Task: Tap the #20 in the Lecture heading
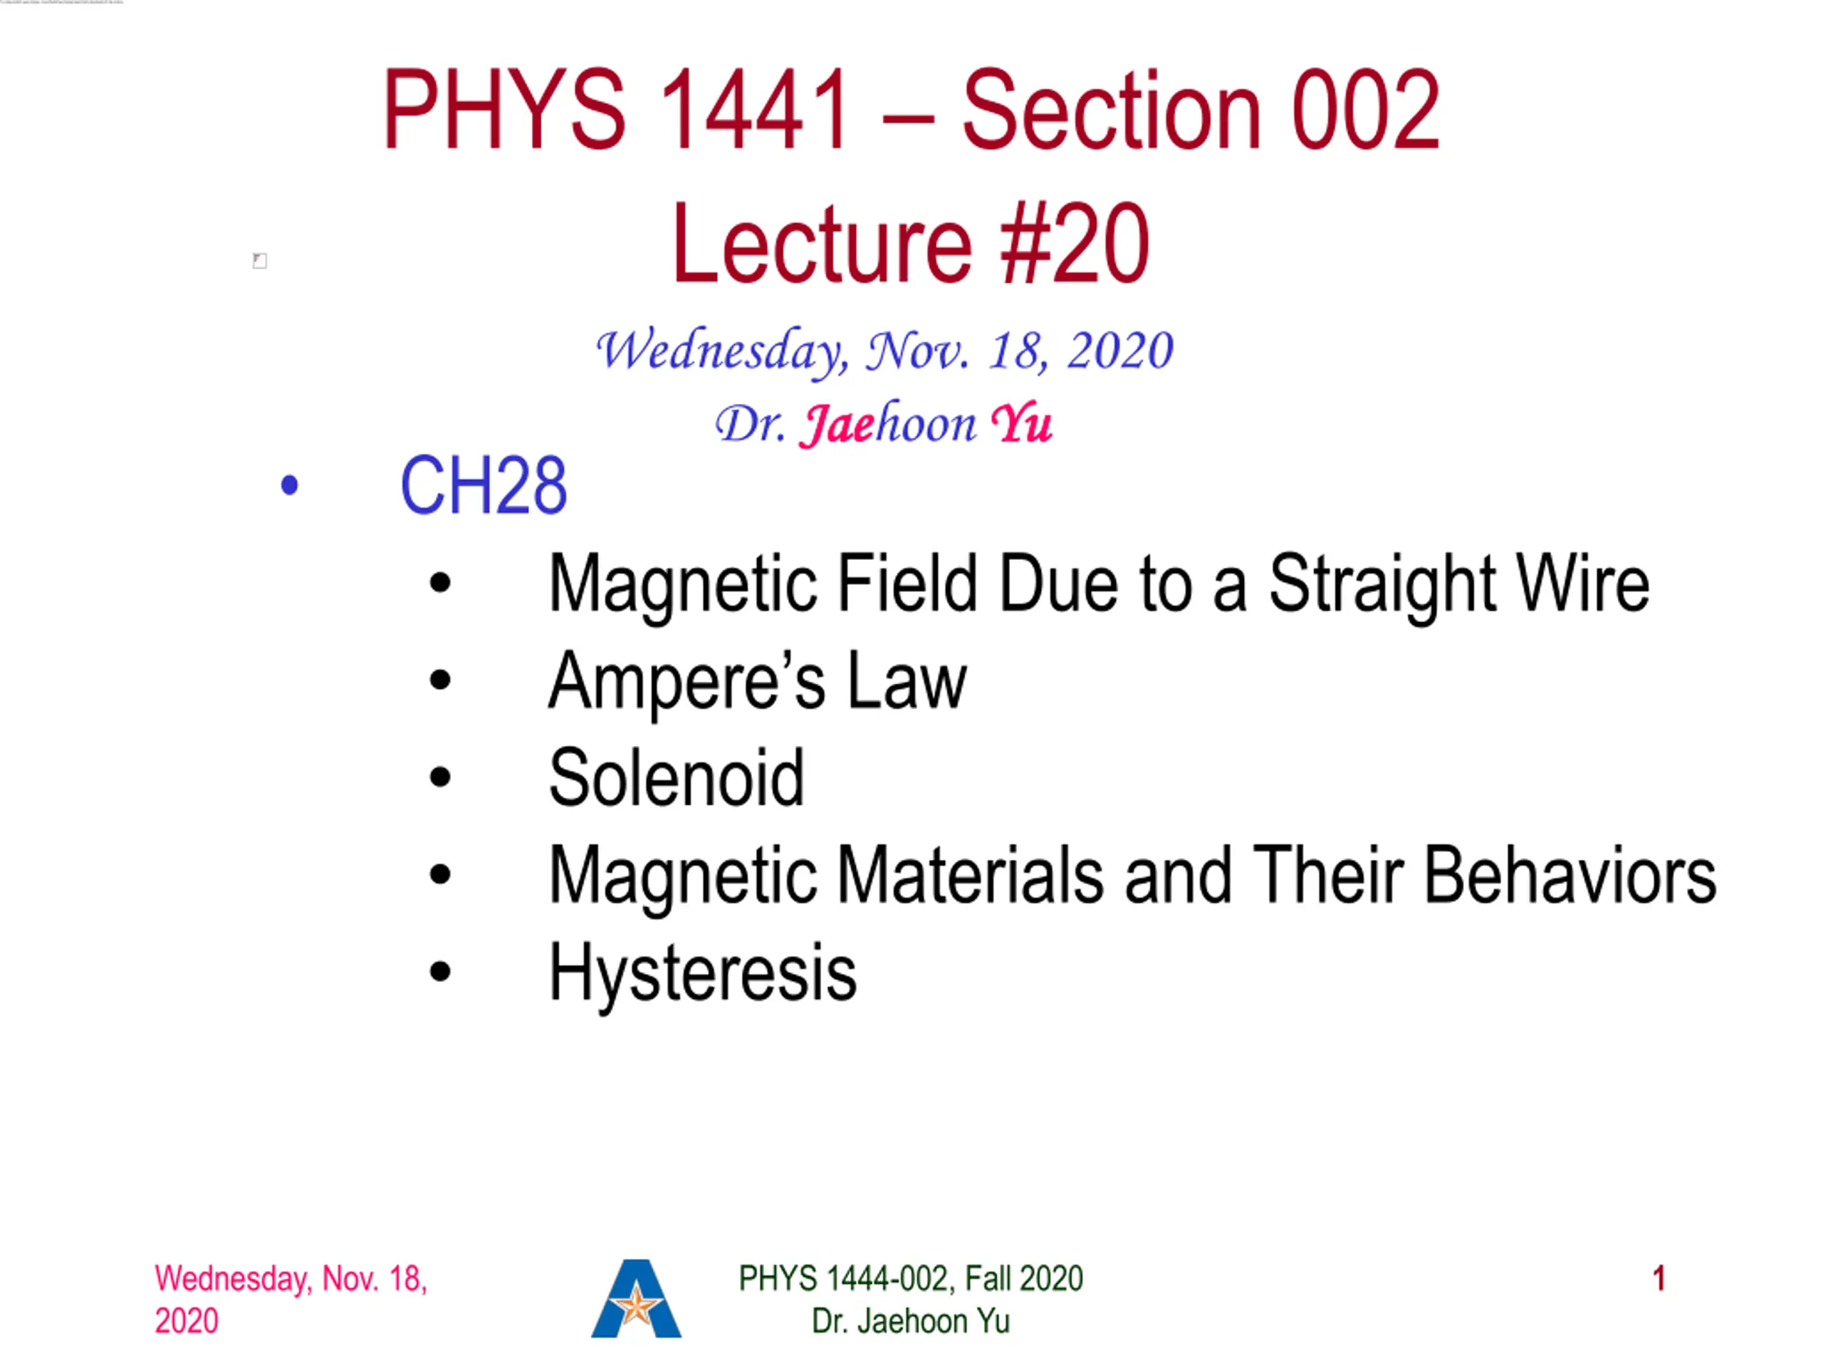[x=1074, y=244]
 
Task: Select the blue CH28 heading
[x=484, y=485]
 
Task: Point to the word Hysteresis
[x=703, y=973]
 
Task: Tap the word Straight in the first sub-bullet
[x=1382, y=586]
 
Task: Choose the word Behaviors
[x=1570, y=875]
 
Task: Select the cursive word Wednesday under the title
[x=721, y=351]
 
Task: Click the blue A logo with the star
[x=636, y=1299]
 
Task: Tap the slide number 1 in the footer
[x=1659, y=1279]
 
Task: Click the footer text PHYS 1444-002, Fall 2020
[x=911, y=1279]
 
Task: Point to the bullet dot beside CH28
[x=289, y=485]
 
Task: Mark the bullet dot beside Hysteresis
[x=441, y=972]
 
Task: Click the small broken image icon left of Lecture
[x=260, y=261]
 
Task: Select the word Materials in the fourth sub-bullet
[x=970, y=875]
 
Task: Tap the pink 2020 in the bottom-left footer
[x=187, y=1321]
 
